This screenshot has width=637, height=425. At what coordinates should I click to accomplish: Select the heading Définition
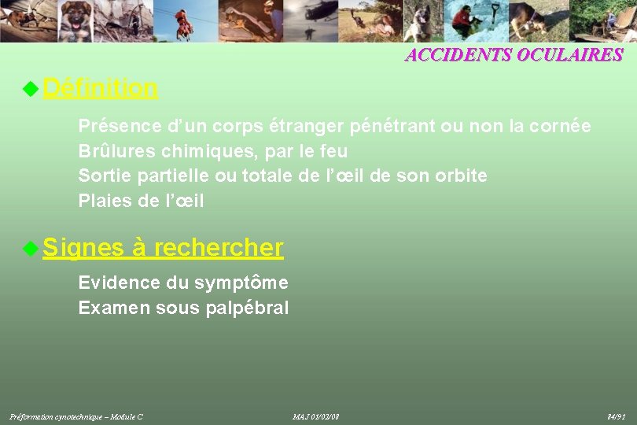(100, 88)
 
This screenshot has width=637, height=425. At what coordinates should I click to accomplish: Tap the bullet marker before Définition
(30, 89)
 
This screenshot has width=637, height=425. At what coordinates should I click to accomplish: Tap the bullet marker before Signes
(30, 249)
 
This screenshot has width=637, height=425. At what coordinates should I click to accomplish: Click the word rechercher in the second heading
(219, 248)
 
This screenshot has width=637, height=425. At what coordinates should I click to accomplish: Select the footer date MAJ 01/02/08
(315, 416)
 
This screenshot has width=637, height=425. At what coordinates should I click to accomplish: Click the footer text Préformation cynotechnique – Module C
(75, 416)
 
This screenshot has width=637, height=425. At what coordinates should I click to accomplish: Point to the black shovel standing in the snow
(495, 16)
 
